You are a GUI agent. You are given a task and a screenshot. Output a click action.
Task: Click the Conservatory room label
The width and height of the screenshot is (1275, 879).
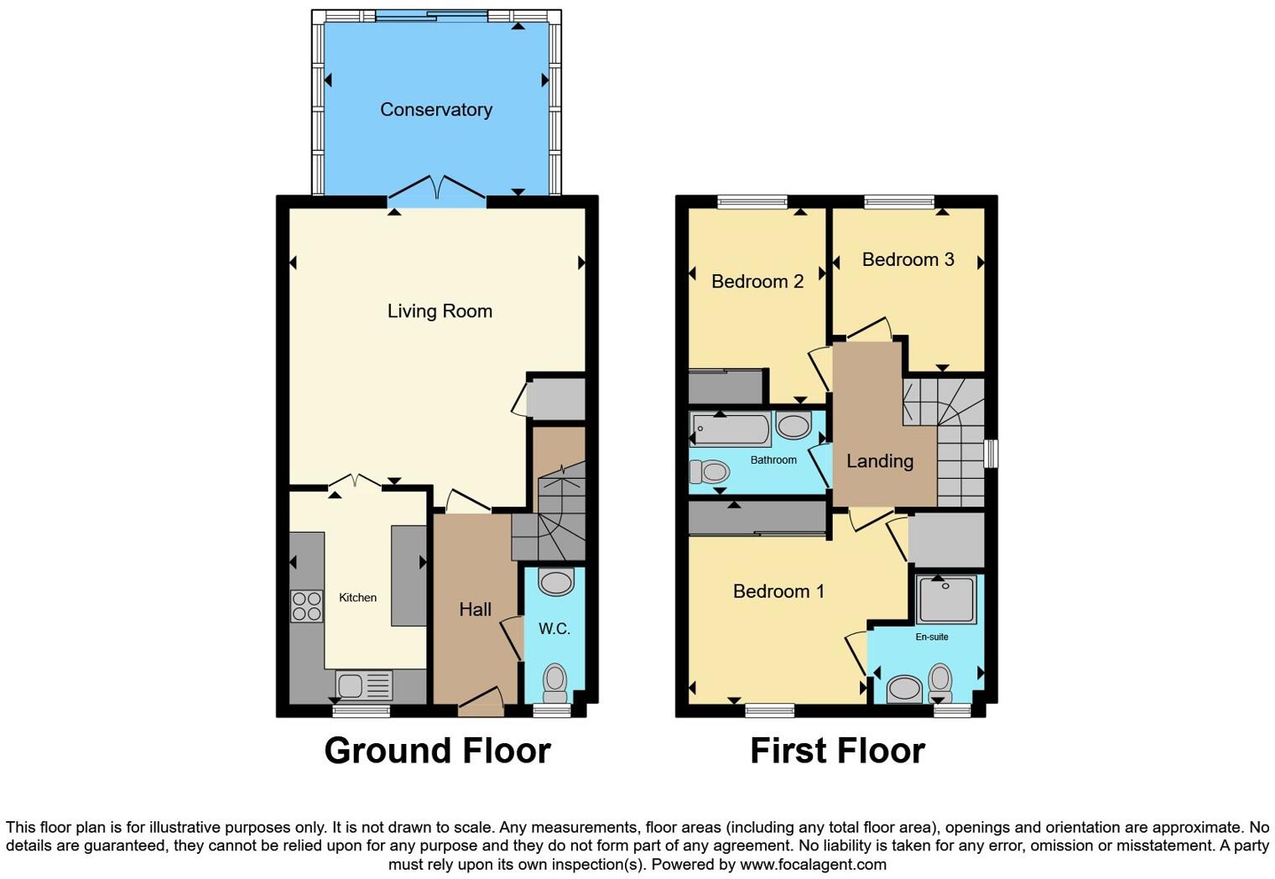pos(435,110)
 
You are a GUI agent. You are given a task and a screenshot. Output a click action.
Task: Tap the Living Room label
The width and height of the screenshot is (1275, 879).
pos(440,311)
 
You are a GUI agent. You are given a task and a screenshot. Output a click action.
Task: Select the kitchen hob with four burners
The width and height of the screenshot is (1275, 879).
pos(306,606)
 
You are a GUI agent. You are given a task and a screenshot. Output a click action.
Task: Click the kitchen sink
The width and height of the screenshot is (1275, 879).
pos(363,685)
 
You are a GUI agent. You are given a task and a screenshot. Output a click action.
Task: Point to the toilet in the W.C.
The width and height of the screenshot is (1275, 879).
pos(555,683)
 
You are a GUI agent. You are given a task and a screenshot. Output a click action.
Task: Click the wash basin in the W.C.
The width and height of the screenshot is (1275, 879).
pos(555,580)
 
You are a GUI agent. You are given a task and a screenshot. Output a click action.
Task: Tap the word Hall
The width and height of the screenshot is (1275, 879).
pos(475,610)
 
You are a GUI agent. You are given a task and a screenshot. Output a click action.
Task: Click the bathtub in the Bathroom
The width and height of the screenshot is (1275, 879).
pos(730,429)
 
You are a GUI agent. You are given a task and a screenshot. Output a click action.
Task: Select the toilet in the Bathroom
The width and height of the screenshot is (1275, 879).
pos(710,472)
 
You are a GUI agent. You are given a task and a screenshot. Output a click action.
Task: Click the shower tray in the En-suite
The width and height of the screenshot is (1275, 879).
pos(946,599)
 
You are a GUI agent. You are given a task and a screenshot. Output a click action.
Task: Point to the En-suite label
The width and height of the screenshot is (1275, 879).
pos(931,637)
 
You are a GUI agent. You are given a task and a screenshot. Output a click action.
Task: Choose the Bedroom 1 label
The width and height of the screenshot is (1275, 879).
pos(778,591)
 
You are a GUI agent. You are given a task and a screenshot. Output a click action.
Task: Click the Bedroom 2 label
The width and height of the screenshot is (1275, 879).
pos(757,282)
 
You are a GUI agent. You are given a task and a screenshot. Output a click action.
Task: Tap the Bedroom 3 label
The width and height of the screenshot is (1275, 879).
pos(908,260)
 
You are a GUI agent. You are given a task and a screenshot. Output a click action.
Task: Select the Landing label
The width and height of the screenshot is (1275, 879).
pos(879,461)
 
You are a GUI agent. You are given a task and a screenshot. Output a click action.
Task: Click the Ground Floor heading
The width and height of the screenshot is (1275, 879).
pos(437,751)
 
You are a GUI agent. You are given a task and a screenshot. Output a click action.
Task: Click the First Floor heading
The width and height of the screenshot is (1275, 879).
pos(837,751)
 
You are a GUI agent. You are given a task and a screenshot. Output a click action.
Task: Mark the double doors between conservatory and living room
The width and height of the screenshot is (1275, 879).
pos(436,189)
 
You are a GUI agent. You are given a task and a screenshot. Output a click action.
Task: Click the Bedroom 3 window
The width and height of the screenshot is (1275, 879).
pos(899,201)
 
